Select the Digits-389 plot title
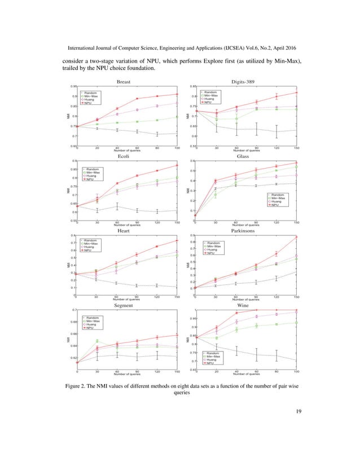[243, 82]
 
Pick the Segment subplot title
[124, 305]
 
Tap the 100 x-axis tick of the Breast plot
[177, 148]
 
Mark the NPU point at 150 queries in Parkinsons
[297, 237]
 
